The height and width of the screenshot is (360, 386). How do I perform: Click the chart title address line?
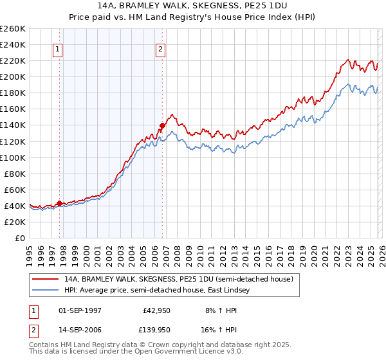pos(193,6)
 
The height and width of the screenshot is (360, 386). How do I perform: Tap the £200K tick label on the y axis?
pos(13,76)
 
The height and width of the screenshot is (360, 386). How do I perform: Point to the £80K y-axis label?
pos(15,173)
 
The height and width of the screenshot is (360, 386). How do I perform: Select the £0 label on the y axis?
pos(21,238)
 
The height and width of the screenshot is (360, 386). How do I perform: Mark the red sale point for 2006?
pos(162,125)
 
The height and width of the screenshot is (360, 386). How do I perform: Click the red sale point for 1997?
pos(59,203)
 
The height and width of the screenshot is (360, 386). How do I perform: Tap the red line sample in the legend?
pos(45,279)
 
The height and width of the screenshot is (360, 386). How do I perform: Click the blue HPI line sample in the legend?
pos(45,291)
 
